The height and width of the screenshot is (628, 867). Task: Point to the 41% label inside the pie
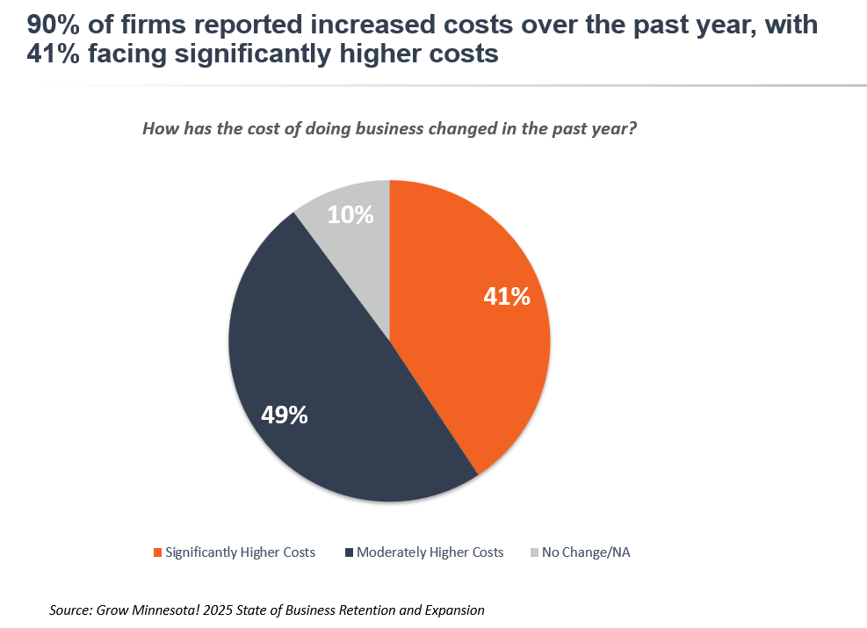[507, 297]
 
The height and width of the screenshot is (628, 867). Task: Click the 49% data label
[284, 415]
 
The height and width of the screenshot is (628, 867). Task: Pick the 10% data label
[350, 214]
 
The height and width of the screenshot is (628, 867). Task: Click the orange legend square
[157, 552]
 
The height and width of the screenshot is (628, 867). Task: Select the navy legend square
[349, 552]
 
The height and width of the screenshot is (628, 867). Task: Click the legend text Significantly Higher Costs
[240, 552]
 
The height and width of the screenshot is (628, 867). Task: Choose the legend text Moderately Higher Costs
[430, 552]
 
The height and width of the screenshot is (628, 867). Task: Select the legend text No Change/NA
[585, 552]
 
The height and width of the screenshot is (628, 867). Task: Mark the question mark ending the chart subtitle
[632, 129]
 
